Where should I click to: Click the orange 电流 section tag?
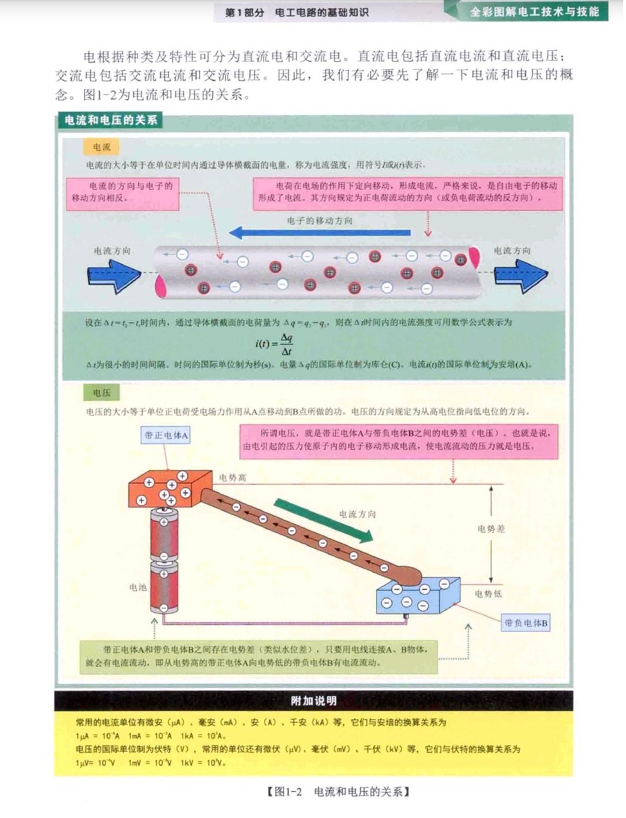(x=102, y=147)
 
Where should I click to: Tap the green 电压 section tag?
(x=102, y=393)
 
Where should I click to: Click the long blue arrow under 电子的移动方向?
(x=320, y=233)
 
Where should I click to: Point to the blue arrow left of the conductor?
(x=114, y=275)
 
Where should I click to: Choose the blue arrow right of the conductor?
(x=520, y=276)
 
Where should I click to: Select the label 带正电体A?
(x=166, y=435)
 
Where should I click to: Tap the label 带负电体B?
(x=526, y=623)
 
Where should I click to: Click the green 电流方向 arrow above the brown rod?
(x=323, y=521)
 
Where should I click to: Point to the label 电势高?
(x=233, y=478)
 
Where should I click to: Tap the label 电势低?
(x=488, y=593)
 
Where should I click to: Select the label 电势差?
(x=491, y=529)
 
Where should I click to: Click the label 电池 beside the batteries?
(x=138, y=587)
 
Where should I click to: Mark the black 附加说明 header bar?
(x=313, y=701)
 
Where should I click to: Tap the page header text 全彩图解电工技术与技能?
(x=534, y=12)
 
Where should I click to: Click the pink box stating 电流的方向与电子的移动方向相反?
(x=123, y=192)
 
